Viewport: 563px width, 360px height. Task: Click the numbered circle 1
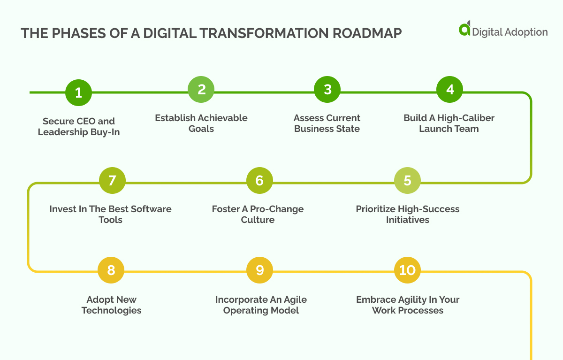point(78,92)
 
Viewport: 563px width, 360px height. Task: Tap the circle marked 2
point(201,90)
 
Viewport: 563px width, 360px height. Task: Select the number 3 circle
point(327,90)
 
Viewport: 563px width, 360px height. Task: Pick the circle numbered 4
point(450,89)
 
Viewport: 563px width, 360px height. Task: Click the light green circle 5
point(407,181)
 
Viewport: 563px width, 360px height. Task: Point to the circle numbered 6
point(259,181)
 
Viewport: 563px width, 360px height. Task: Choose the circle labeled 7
point(112,181)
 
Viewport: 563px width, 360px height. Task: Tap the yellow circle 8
point(111,270)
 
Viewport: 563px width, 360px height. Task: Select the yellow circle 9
point(259,270)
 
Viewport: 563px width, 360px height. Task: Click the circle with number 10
point(407,270)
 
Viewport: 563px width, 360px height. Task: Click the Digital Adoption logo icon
point(464,29)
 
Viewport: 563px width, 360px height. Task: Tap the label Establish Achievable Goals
point(201,123)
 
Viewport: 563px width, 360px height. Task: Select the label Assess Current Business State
point(327,123)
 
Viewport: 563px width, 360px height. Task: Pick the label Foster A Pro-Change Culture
point(258,214)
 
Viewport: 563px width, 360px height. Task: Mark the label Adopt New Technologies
point(111,305)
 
